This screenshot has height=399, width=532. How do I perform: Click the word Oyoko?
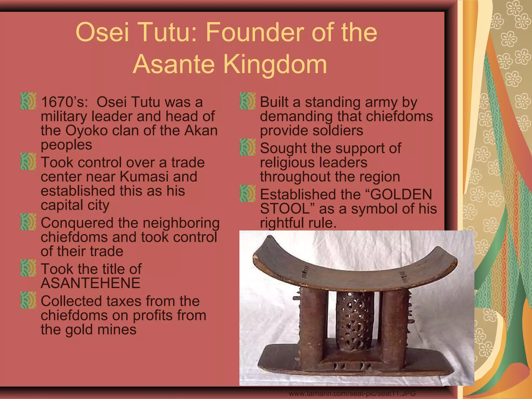point(87,130)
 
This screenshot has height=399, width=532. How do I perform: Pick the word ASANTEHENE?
point(90,283)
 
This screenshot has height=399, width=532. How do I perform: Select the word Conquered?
point(77,223)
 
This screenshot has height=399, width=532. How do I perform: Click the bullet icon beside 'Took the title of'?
point(28,268)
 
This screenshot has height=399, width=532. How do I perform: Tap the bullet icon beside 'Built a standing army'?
point(248,101)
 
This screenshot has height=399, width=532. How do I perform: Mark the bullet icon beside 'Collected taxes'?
point(28,300)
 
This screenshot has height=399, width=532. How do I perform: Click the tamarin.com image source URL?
point(352,394)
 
